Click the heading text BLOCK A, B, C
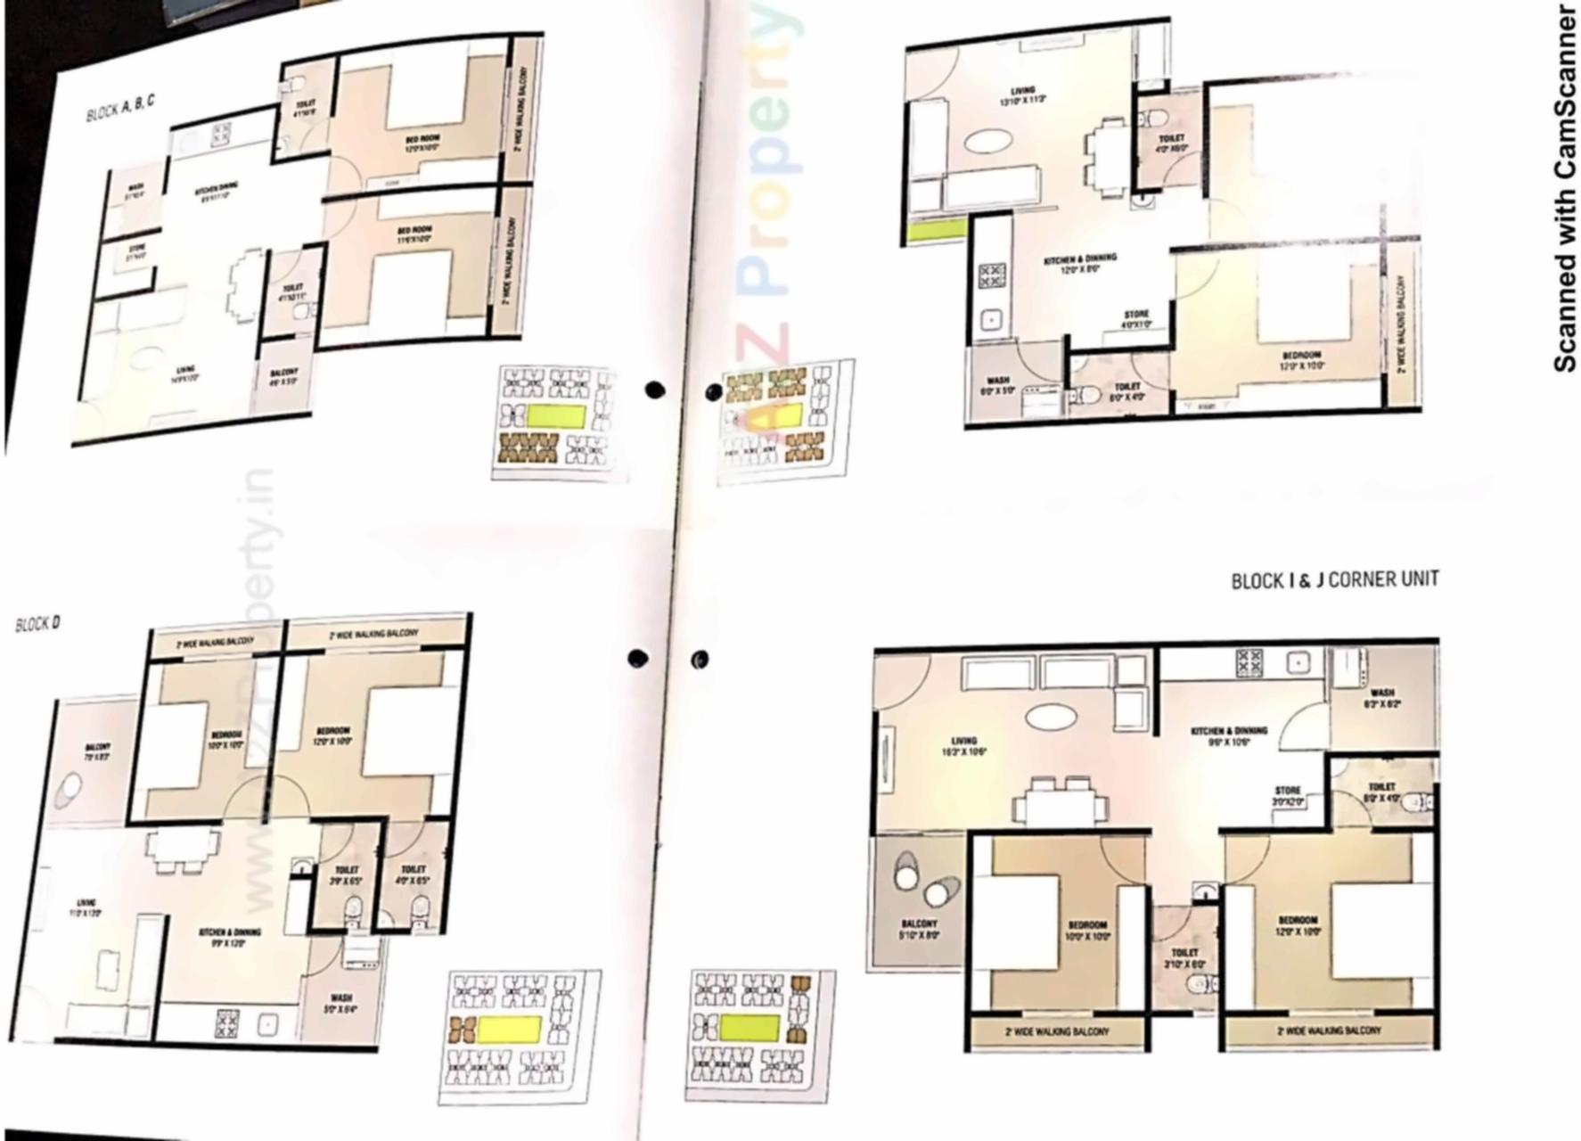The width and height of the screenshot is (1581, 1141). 120,110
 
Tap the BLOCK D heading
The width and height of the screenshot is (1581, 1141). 37,623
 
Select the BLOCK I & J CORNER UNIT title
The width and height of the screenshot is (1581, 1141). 1334,579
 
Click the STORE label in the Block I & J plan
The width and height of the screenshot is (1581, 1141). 1287,790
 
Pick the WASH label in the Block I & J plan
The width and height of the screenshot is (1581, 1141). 1382,693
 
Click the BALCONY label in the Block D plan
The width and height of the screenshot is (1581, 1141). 98,747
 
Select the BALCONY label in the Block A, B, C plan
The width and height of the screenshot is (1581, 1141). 283,372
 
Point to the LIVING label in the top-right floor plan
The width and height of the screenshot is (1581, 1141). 1022,91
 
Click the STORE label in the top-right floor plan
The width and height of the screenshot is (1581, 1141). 1136,315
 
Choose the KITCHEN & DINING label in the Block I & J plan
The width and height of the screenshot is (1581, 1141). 1229,731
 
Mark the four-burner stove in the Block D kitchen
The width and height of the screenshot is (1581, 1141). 227,1022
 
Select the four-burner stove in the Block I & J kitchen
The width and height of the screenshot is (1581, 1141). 1248,662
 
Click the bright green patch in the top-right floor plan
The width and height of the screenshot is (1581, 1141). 936,230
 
